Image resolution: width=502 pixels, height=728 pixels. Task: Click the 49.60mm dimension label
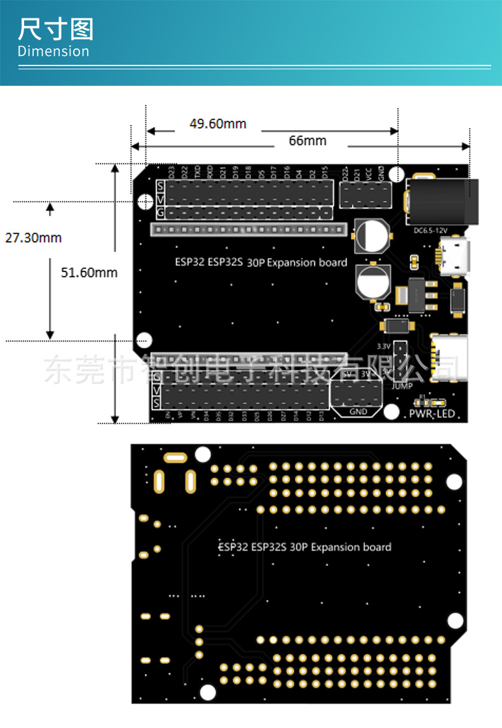217,123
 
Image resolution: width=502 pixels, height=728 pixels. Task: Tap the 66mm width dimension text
307,141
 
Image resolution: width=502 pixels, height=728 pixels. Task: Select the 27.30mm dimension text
33,238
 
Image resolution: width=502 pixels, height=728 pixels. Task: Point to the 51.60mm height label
89,273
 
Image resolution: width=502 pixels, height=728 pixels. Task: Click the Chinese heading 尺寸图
56,30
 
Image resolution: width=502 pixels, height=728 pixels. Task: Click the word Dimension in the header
53,52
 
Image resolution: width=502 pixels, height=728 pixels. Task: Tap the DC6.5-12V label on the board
431,230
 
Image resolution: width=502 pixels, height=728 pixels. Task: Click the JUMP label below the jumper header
402,386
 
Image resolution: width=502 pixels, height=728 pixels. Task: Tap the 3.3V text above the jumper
383,346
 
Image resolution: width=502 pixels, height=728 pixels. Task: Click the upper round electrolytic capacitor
370,235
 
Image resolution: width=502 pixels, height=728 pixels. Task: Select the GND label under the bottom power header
358,411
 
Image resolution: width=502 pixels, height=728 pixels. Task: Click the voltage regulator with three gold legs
419,294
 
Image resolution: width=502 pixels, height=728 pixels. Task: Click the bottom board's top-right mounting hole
454,483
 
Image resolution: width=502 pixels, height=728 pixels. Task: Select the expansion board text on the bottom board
304,547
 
